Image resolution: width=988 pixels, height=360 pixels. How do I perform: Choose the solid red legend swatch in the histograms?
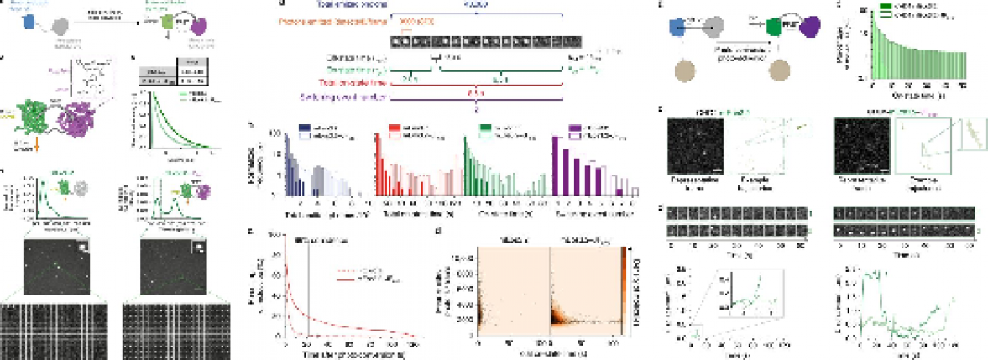pyautogui.click(x=392, y=127)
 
